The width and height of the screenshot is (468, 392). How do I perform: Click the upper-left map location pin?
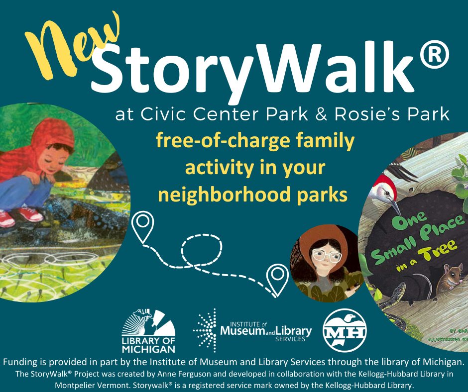[143, 226]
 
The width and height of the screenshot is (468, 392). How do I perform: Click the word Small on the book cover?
[391, 249]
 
